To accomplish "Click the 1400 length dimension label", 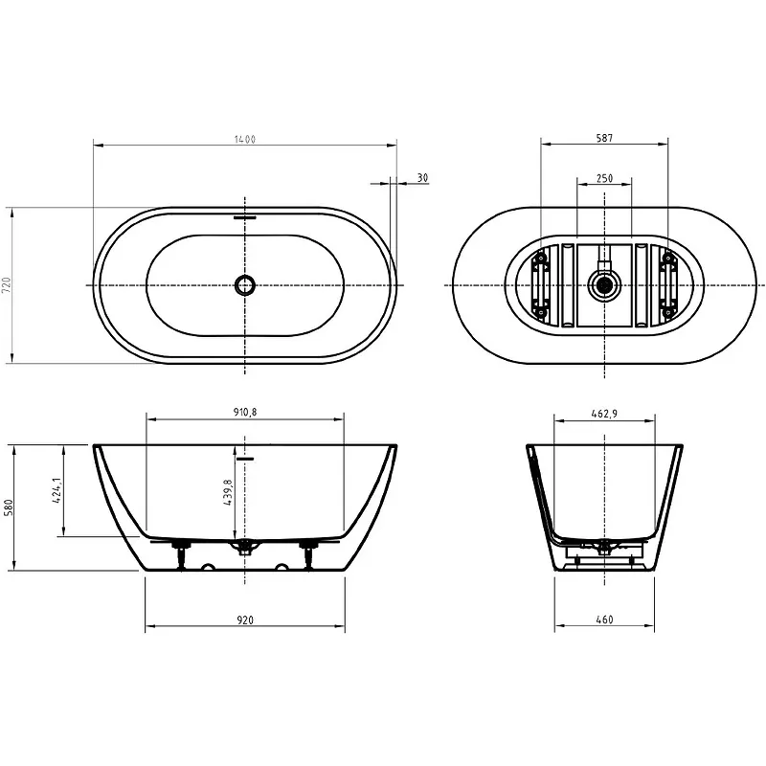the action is point(245,139).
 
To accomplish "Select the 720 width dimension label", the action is point(7,285).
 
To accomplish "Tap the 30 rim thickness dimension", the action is point(422,178).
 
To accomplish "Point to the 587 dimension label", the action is point(604,138).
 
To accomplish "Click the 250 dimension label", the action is point(604,178).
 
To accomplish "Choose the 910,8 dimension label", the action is point(245,413).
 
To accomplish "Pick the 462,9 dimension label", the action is point(604,414).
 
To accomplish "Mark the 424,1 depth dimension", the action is point(56,492).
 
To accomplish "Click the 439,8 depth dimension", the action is point(228,492).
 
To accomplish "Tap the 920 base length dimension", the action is point(245,620).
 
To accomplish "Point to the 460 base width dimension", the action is point(604,620).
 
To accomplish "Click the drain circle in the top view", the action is point(245,284).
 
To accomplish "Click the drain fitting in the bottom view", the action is point(605,284).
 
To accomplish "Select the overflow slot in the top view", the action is point(245,217).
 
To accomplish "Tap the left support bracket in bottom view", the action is point(541,284).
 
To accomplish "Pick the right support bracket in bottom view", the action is point(666,284).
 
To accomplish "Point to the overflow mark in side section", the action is point(245,459).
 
